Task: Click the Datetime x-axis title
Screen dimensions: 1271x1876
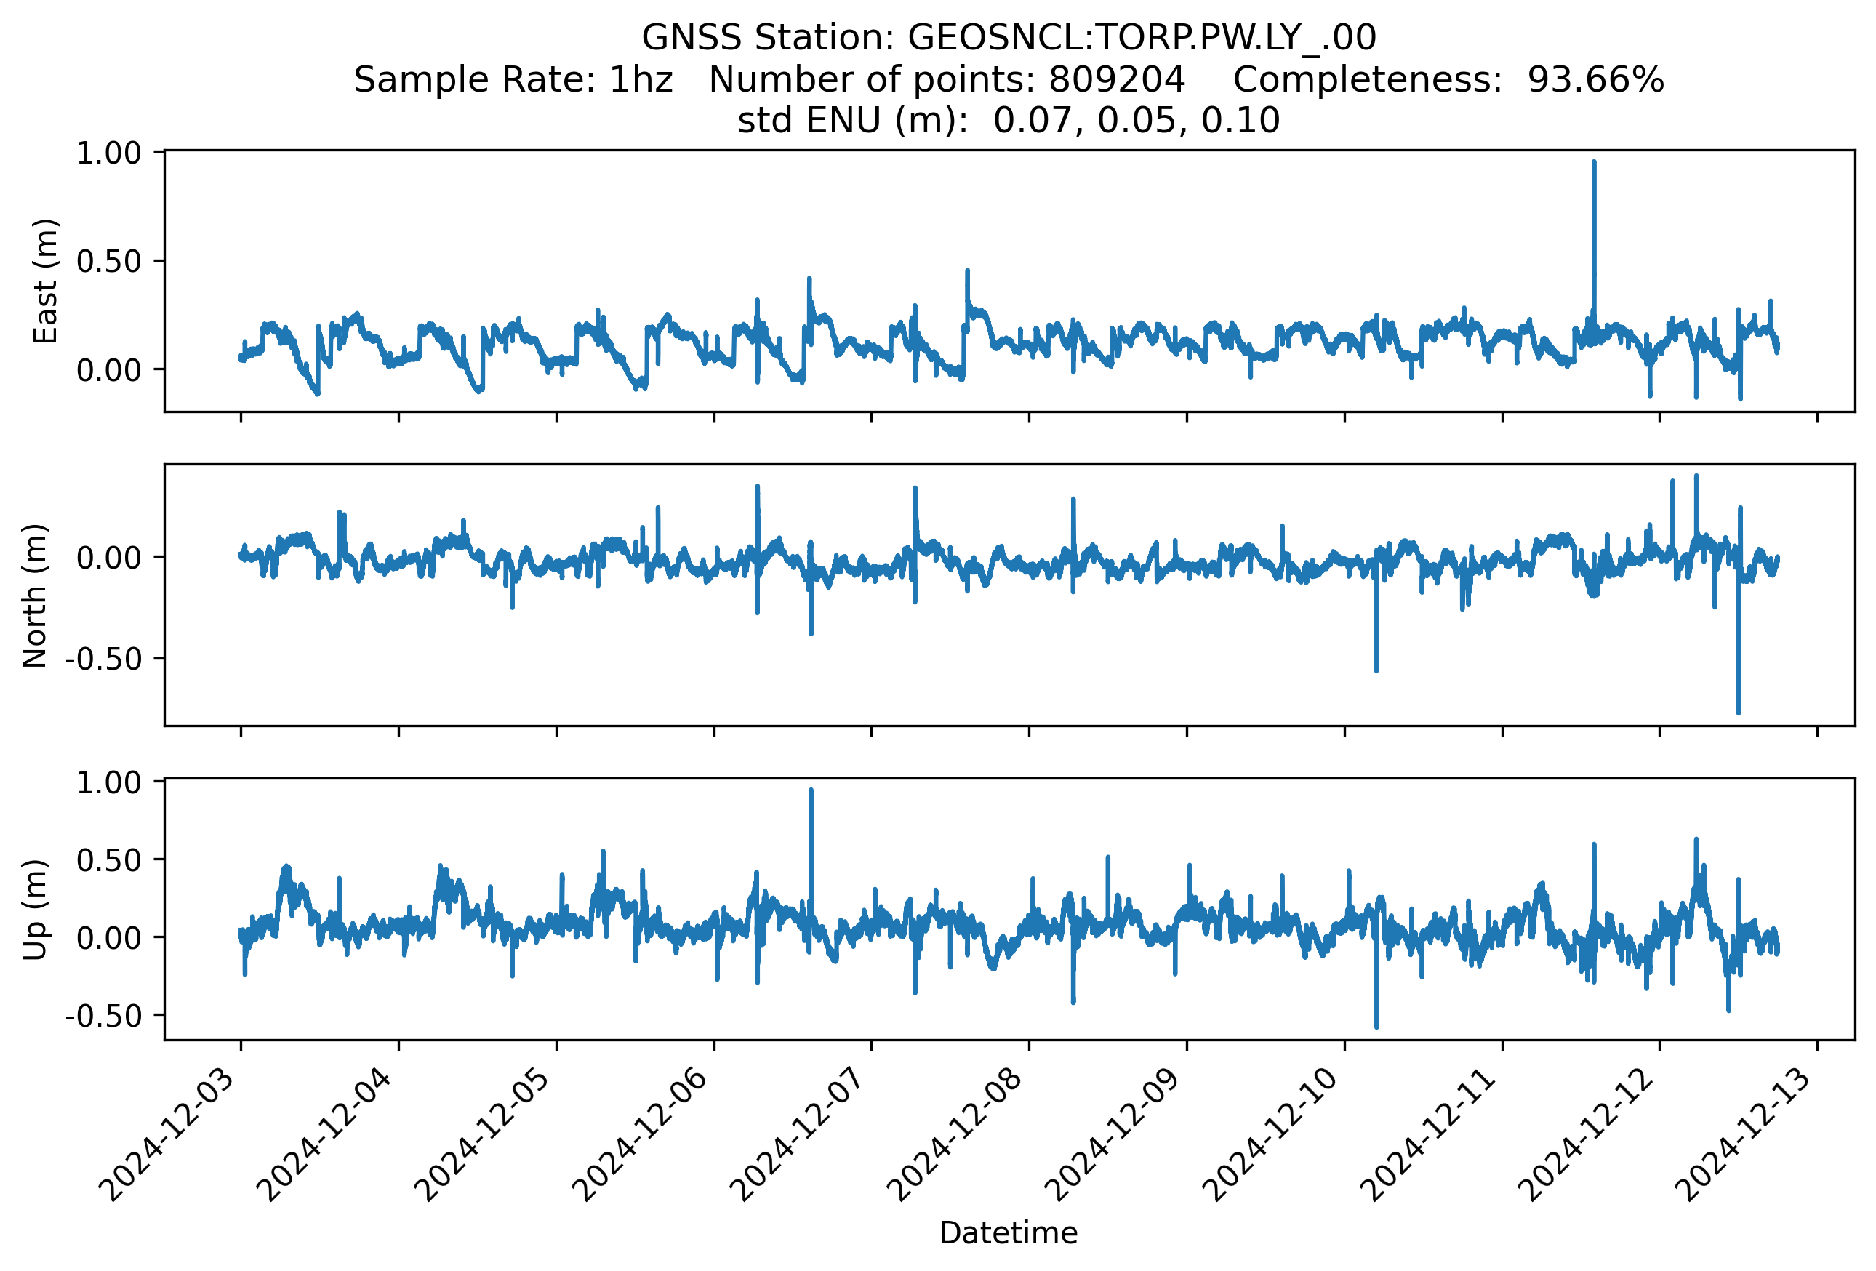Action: click(1009, 1233)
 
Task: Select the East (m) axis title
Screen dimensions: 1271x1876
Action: click(45, 281)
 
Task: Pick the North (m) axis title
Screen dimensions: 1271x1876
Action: click(35, 596)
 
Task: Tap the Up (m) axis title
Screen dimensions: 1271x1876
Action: click(35, 910)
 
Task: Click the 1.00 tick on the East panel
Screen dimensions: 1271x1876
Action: click(108, 153)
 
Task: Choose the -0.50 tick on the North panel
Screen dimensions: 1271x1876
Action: click(103, 659)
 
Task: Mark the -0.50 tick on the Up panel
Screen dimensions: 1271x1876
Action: click(103, 1015)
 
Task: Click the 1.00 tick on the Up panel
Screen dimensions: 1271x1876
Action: click(108, 783)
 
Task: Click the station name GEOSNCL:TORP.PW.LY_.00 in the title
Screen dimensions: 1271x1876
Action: click(1142, 37)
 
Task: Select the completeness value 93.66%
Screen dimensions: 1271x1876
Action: click(1595, 79)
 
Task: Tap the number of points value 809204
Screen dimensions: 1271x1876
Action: click(1116, 79)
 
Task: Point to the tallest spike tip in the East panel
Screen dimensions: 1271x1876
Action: click(1593, 162)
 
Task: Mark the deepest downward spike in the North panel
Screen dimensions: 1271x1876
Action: click(1739, 713)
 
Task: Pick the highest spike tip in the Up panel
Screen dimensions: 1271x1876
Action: click(811, 790)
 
